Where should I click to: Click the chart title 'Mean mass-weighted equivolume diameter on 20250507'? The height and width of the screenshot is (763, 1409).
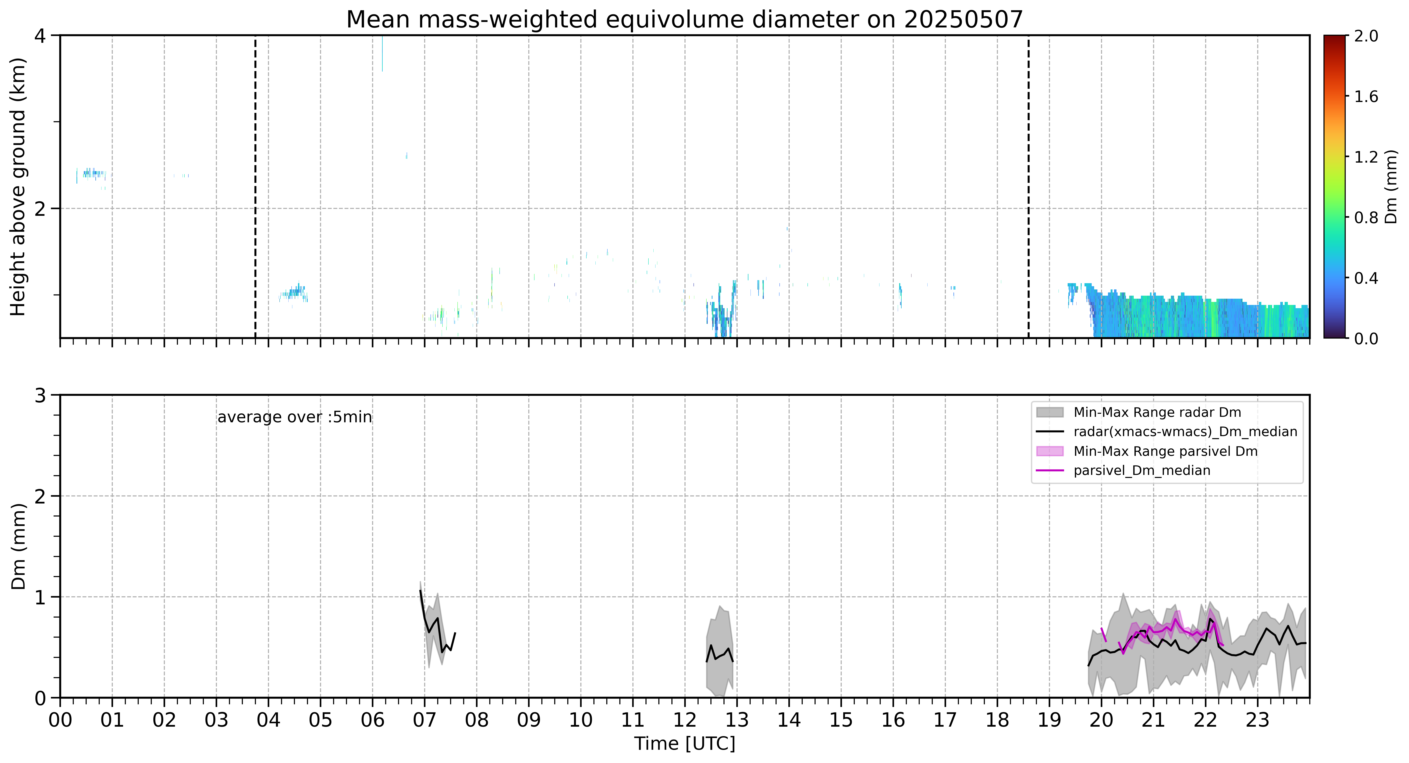[684, 20]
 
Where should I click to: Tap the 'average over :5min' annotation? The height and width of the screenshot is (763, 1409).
[294, 417]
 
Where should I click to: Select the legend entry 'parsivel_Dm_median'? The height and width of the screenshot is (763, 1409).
[1142, 470]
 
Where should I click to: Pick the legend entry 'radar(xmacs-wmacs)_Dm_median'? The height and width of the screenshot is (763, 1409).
[1185, 432]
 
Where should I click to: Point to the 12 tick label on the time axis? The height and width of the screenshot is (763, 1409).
[685, 720]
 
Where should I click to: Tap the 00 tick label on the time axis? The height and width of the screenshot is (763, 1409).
[60, 720]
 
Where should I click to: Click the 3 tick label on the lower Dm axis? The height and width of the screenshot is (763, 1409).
[40, 395]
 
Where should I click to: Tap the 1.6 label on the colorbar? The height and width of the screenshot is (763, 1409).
[1366, 97]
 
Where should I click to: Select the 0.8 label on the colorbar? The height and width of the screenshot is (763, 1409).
[1366, 218]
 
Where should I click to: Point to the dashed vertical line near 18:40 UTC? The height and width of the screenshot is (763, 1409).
[1028, 186]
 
